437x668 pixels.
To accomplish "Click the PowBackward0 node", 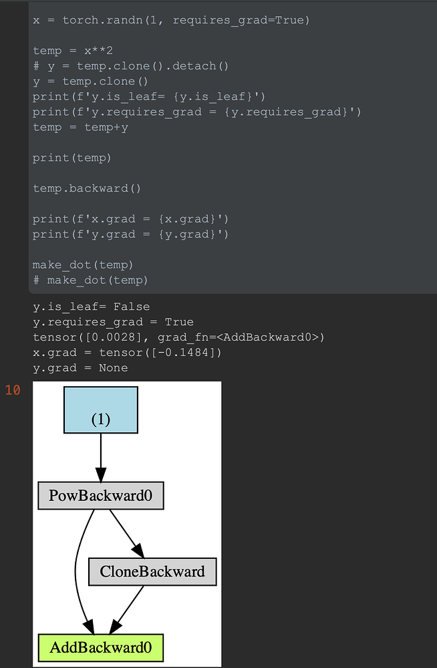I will [x=100, y=496].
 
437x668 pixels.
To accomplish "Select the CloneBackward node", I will [x=152, y=572].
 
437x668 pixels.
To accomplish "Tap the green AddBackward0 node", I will [x=100, y=647].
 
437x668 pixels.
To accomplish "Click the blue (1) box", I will [x=100, y=409].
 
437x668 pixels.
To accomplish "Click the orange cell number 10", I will [x=13, y=390].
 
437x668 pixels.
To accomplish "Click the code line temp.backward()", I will [x=87, y=188].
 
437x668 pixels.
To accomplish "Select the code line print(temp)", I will [x=72, y=158].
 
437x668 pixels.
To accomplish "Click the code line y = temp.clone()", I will [x=90, y=81].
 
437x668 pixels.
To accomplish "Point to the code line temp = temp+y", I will [x=80, y=127].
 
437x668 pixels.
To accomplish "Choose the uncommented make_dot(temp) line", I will [x=83, y=265].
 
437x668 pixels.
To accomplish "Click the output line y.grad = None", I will [x=80, y=368].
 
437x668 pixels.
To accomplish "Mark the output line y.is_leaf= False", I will [x=87, y=307].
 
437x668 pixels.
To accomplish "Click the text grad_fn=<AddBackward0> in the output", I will [x=241, y=337].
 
